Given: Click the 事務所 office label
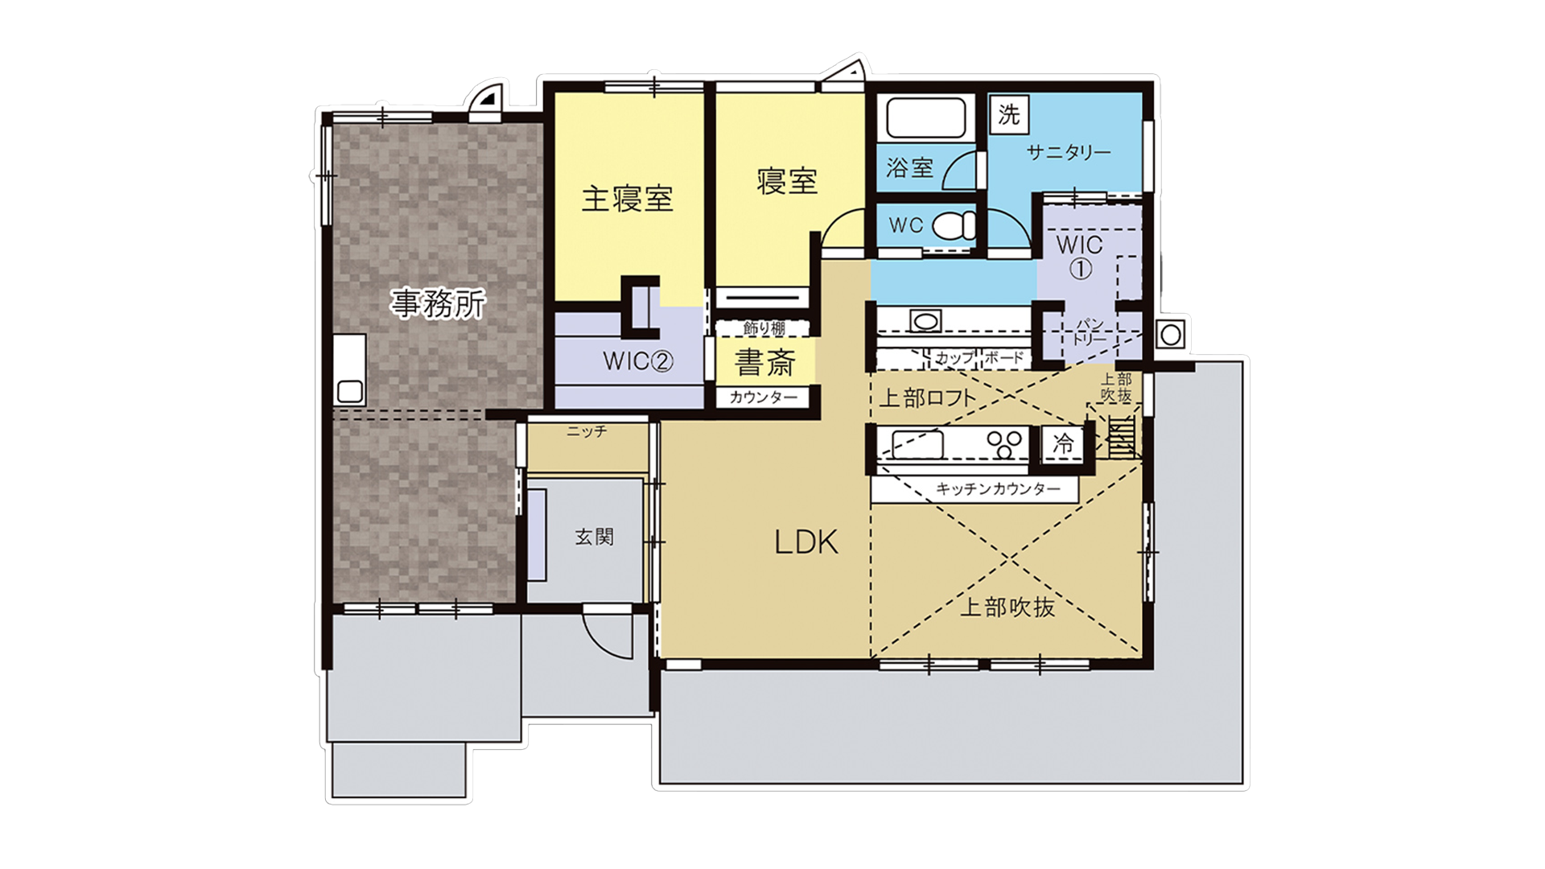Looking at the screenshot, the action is tap(439, 303).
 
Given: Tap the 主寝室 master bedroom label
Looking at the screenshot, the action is tap(628, 199).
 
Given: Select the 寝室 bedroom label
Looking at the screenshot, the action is tap(787, 181).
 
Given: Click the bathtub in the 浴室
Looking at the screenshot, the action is tap(925, 117).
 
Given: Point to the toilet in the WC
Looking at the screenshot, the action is tap(955, 226).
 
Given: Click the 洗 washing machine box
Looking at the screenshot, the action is tap(1009, 114).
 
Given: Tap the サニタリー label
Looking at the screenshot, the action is tap(1069, 152).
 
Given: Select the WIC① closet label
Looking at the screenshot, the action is tap(1079, 255).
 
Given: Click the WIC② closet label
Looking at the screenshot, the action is tap(638, 361).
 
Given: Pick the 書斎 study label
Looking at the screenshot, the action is tap(764, 363).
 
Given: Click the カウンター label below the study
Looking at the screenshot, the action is tap(764, 397).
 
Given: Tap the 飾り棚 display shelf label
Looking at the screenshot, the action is tap(764, 328).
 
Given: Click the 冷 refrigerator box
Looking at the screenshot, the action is tap(1064, 443).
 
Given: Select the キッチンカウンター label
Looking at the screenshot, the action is tap(998, 489).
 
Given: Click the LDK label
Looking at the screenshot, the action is tap(806, 543).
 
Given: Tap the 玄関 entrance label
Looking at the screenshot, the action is tap(595, 537).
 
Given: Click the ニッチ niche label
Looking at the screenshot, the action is tap(587, 432).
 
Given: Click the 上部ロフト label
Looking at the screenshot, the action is tap(928, 397).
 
